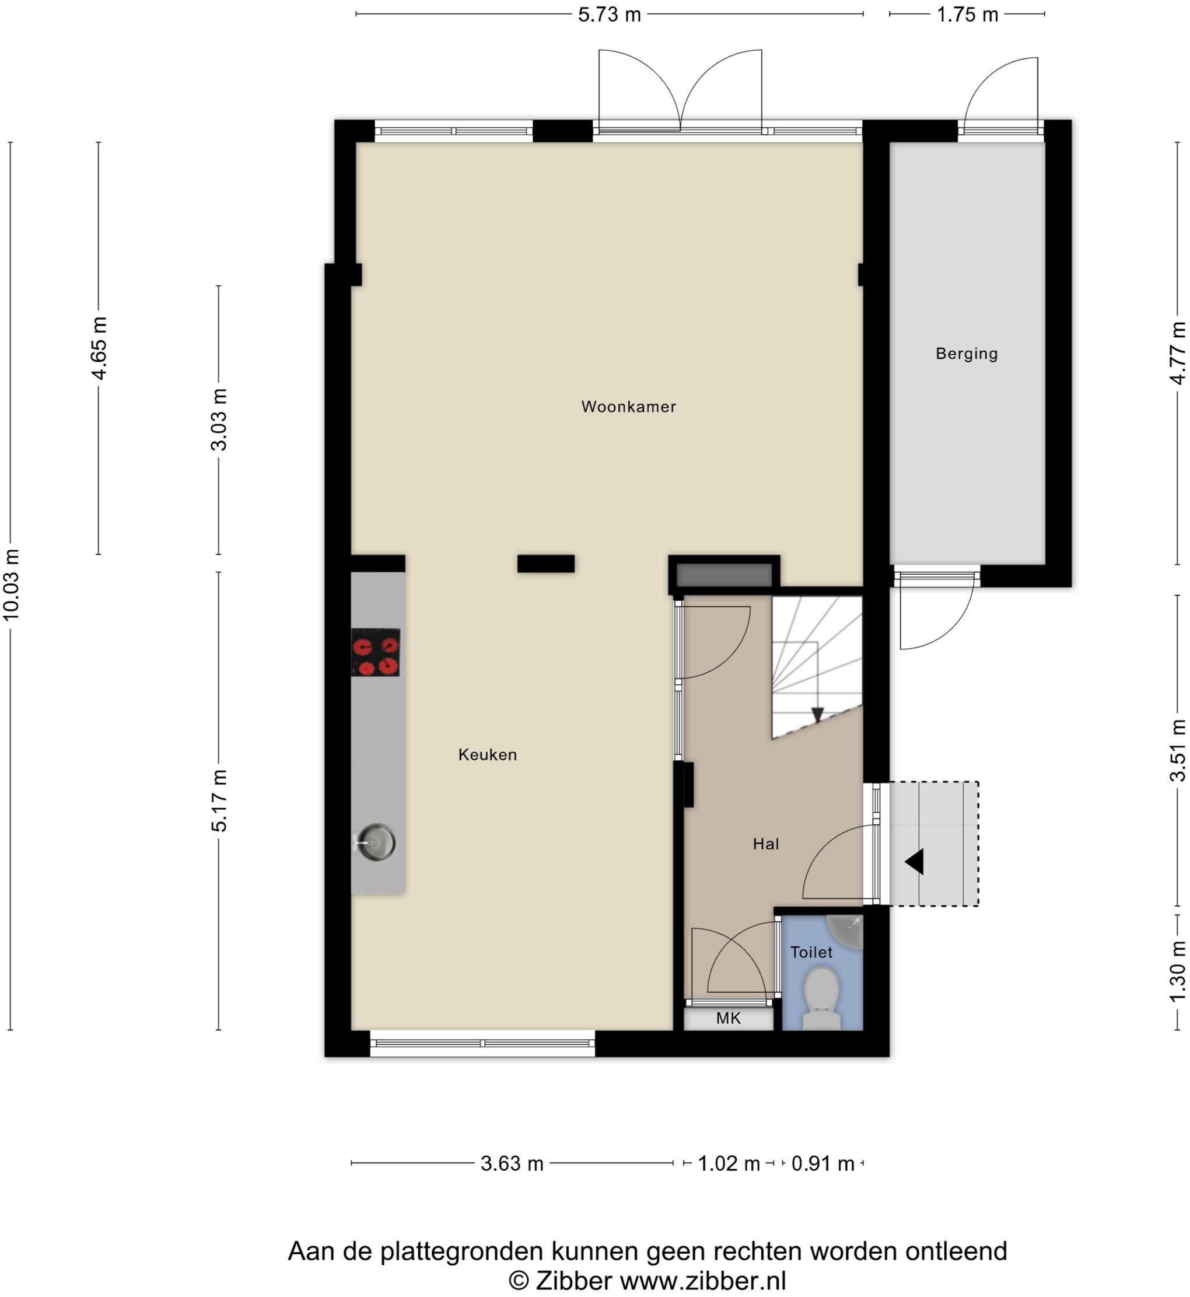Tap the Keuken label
pyautogui.click(x=488, y=755)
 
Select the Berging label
pyautogui.click(x=967, y=354)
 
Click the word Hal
pyautogui.click(x=766, y=844)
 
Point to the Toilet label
pyautogui.click(x=811, y=952)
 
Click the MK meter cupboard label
pyautogui.click(x=729, y=1018)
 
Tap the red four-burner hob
pyautogui.click(x=376, y=652)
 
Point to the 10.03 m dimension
pyautogui.click(x=12, y=585)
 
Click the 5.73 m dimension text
pyautogui.click(x=609, y=14)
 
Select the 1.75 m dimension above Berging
pyautogui.click(x=967, y=14)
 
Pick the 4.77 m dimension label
pyautogui.click(x=1177, y=353)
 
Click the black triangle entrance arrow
pyautogui.click(x=916, y=862)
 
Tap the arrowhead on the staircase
pyautogui.click(x=817, y=715)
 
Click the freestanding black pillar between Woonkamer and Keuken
pyautogui.click(x=546, y=564)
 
